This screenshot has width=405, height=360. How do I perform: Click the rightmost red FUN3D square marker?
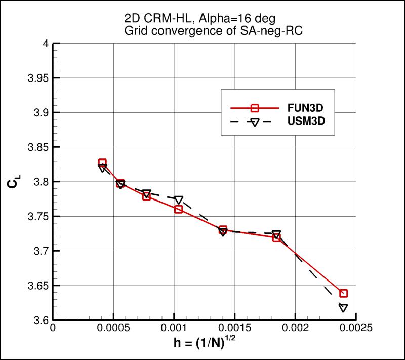344,293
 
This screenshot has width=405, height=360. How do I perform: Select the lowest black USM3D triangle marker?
343,308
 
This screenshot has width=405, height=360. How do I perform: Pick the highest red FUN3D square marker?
102,163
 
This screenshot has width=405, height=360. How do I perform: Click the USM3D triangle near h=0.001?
179,199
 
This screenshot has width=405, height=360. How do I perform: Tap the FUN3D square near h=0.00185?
276,237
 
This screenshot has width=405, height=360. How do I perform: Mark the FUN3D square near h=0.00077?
146,196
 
